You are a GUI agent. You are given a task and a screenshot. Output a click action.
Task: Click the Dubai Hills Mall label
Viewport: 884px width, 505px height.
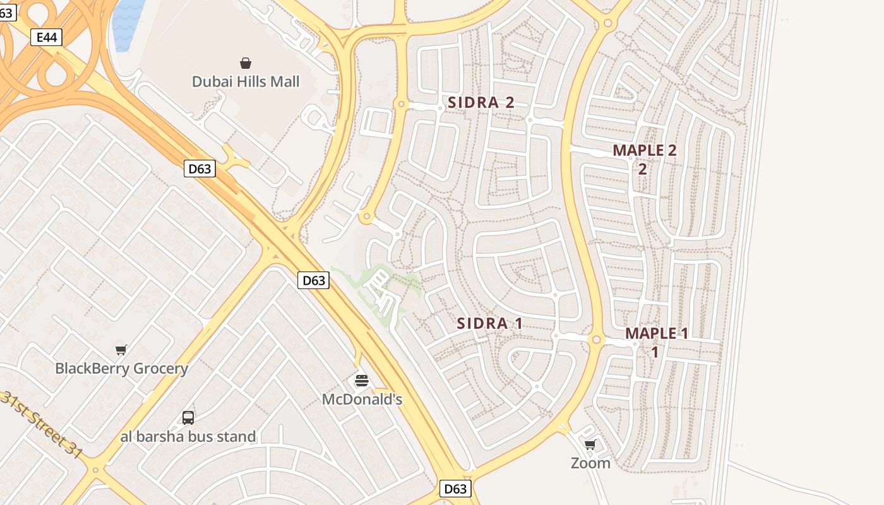(x=246, y=81)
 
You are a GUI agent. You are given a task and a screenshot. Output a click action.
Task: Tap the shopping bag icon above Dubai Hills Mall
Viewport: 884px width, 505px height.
(x=246, y=63)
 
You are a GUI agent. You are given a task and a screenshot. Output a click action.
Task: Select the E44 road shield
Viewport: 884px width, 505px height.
(x=47, y=37)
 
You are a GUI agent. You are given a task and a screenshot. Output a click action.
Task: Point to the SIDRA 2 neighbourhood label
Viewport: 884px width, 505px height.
(x=481, y=102)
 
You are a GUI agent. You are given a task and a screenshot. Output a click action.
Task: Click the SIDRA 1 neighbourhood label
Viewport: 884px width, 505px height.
(x=489, y=324)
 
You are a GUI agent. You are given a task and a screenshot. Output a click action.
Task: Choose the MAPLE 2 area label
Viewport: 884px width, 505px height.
(x=644, y=151)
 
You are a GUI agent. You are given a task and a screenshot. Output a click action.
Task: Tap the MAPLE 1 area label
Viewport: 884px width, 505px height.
(x=656, y=334)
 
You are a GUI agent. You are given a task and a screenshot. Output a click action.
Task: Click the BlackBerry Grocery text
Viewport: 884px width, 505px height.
(x=121, y=369)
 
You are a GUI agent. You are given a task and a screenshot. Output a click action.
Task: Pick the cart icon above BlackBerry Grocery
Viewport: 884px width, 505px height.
(x=121, y=350)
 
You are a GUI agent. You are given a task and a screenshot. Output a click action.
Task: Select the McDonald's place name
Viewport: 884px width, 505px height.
(x=362, y=400)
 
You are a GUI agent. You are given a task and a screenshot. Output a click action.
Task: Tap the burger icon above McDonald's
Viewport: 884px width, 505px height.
(x=362, y=381)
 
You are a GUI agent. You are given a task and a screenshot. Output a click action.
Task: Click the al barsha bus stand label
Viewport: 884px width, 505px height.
(x=188, y=436)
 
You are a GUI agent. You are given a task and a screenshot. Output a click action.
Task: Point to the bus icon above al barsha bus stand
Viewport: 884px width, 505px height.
(x=188, y=417)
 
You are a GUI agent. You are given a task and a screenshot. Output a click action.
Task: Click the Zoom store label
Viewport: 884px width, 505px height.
(x=590, y=463)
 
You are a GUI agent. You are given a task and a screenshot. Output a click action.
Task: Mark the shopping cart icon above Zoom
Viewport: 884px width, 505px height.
(x=590, y=445)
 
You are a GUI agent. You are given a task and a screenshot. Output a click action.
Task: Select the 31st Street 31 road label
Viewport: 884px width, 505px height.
(x=42, y=424)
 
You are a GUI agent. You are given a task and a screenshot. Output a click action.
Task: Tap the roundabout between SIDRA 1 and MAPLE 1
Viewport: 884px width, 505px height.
(x=596, y=340)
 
